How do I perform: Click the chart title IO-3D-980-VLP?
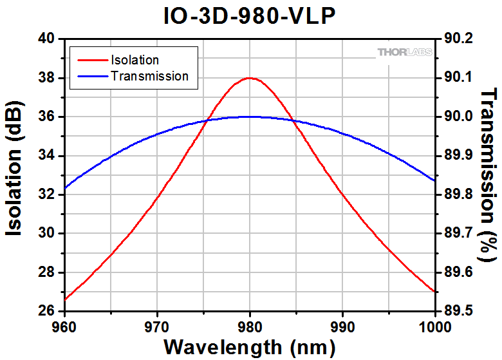250,15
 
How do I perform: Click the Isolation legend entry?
135,60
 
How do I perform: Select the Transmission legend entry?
149,76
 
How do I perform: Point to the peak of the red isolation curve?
250,78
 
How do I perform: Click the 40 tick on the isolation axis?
47,39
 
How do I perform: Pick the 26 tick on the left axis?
47,311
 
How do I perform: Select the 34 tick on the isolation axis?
47,156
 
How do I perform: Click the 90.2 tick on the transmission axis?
458,39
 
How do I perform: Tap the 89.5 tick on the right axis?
458,311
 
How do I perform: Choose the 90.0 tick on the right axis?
458,117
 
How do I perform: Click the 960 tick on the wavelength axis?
64,325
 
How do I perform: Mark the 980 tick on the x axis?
250,325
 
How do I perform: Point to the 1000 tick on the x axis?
435,325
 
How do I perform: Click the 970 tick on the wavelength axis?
157,325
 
